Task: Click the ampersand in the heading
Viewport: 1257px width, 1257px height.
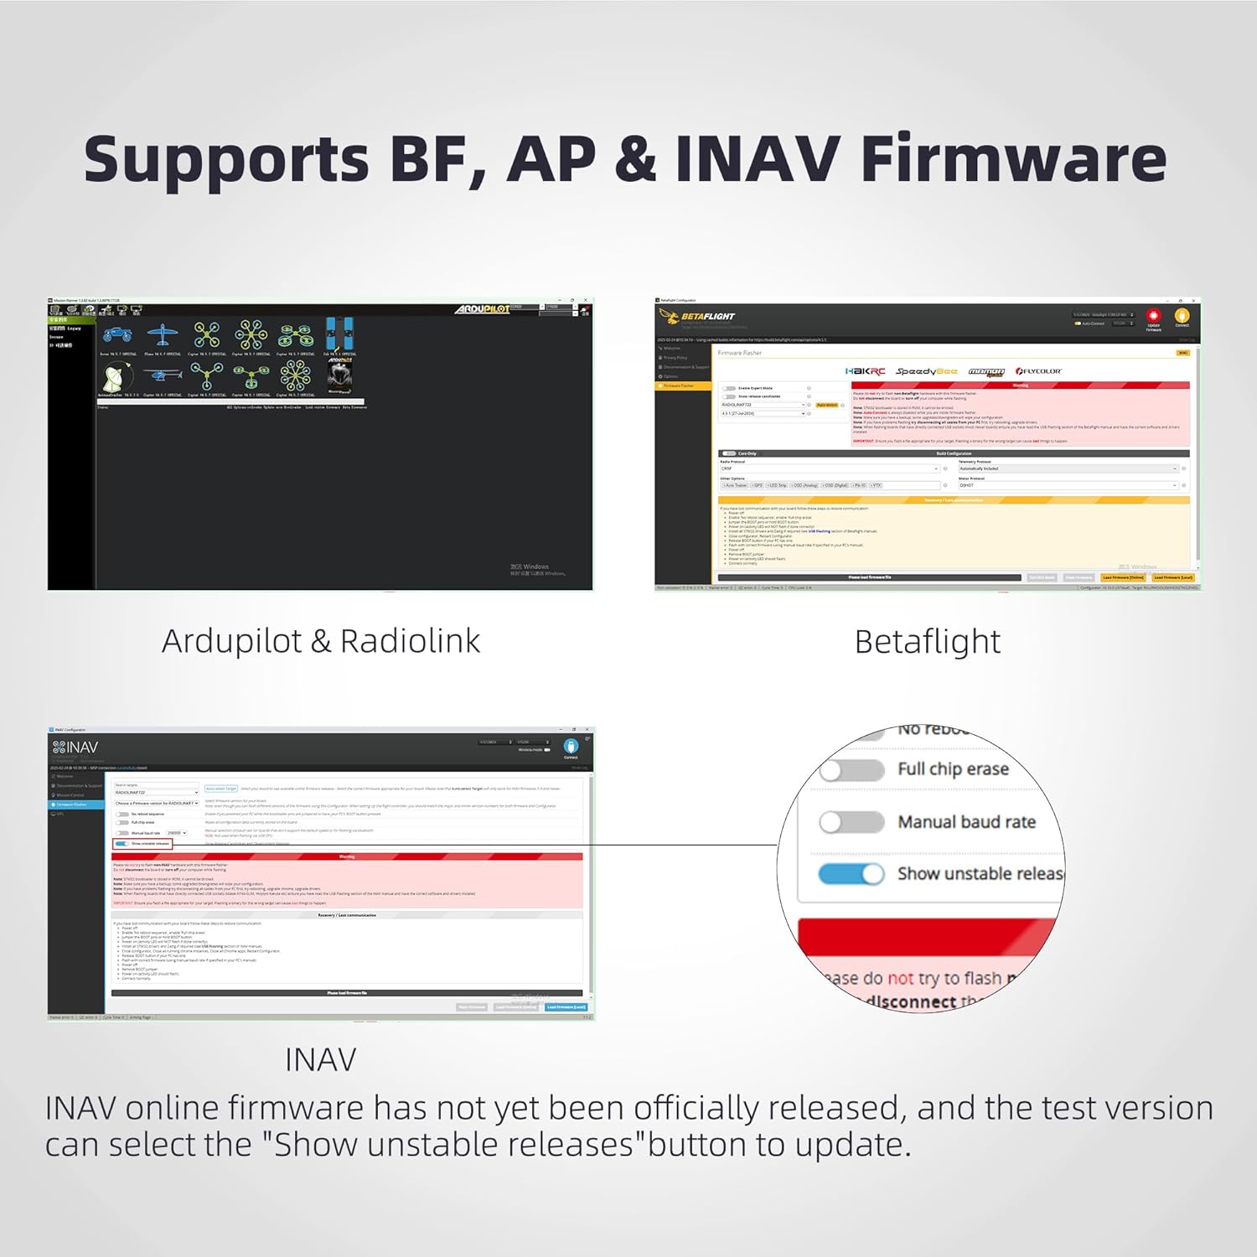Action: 635,158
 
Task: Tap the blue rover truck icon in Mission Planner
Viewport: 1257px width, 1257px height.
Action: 117,335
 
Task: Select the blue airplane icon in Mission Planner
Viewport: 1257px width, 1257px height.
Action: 162,335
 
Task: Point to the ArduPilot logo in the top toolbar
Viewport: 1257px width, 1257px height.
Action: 483,309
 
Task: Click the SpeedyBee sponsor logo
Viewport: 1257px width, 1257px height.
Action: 926,371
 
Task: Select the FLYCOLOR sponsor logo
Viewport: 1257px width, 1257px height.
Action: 1039,371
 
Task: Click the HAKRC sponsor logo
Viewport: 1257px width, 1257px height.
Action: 865,371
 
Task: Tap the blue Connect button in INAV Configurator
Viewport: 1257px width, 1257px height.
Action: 571,747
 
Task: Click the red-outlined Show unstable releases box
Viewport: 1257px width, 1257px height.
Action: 142,844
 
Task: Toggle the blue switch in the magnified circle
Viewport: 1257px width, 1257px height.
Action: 851,874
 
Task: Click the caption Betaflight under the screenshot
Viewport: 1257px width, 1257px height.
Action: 927,642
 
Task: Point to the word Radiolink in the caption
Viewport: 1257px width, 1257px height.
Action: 410,642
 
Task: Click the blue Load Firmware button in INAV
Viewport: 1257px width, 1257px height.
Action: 566,1007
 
